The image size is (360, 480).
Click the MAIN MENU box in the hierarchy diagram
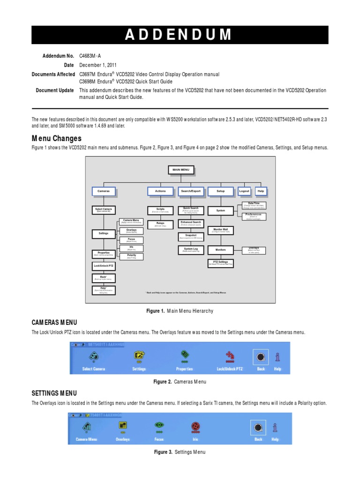click(x=180, y=170)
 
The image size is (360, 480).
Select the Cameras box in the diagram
click(x=103, y=191)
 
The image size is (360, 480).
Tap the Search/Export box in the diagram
click(x=190, y=191)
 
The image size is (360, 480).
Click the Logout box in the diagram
click(x=244, y=191)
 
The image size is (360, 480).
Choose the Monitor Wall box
click(x=220, y=231)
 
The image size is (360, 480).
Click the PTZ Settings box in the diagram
click(x=220, y=263)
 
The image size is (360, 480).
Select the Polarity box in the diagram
click(x=131, y=256)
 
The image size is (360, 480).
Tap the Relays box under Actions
click(x=160, y=224)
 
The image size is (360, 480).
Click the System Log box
click(x=191, y=250)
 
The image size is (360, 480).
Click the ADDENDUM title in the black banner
click(x=180, y=35)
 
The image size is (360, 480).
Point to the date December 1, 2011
click(x=98, y=65)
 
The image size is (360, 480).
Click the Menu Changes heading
click(x=56, y=138)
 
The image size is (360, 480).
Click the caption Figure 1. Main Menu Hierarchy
click(x=180, y=310)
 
